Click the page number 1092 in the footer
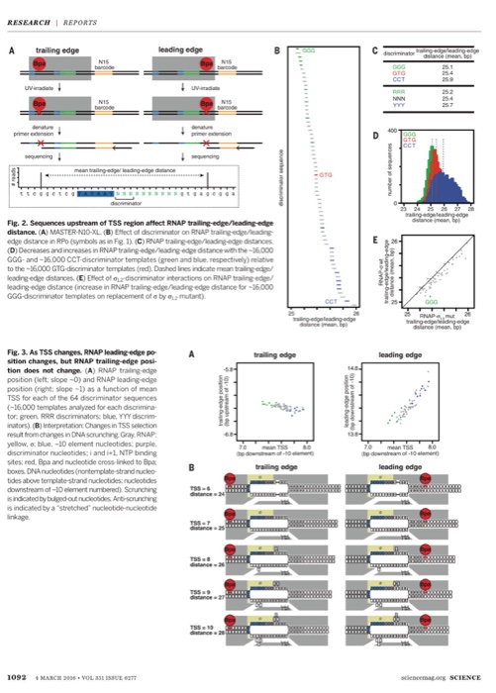click(x=19, y=675)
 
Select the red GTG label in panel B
click(x=326, y=174)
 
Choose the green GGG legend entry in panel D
click(x=410, y=132)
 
